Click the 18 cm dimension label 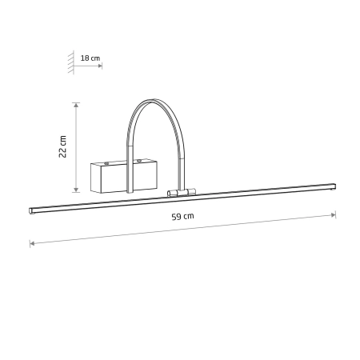(90, 58)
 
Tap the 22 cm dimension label (62, 146)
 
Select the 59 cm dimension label (182, 217)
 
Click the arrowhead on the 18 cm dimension (100, 66)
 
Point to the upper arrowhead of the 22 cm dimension (76, 105)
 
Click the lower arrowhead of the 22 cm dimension (76, 190)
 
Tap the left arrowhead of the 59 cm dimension (32, 243)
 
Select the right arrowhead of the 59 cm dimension (334, 215)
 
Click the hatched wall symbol (71, 62)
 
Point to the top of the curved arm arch (153, 100)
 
